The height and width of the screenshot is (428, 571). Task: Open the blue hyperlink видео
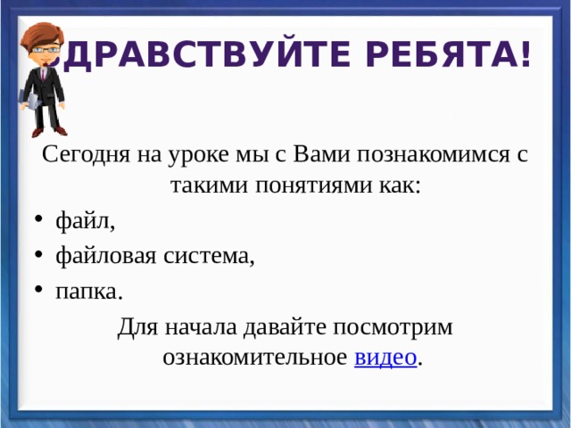click(x=385, y=358)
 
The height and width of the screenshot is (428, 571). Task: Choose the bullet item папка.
click(x=89, y=291)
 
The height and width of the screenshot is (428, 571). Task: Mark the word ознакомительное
click(x=254, y=358)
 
